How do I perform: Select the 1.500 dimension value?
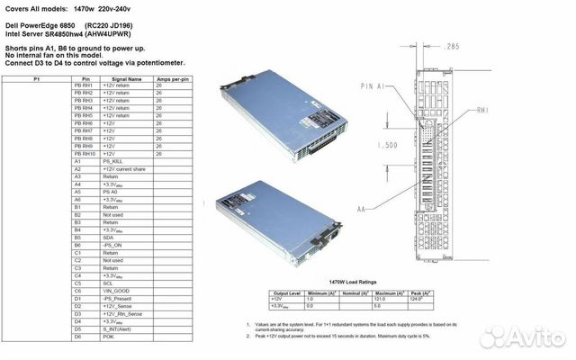388,143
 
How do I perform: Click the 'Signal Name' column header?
121,79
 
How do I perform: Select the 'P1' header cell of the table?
36,79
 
